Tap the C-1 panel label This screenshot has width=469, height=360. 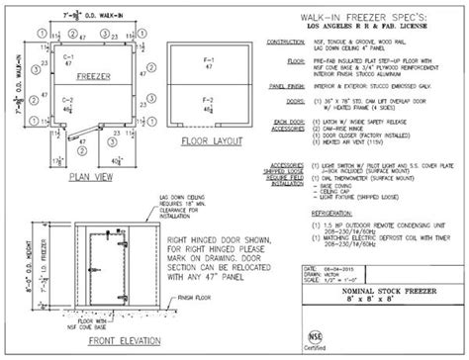68,58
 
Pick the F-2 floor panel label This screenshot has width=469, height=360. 206,101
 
